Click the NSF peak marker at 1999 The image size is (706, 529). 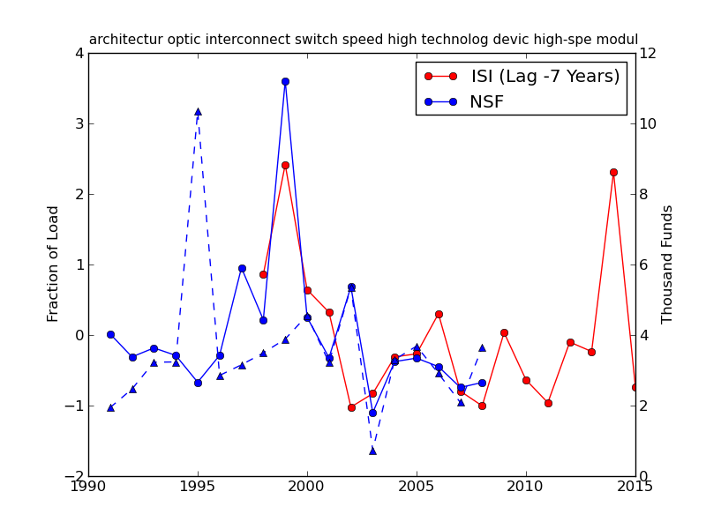coord(285,81)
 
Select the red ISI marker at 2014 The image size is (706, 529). coord(613,172)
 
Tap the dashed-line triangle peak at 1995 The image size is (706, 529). coord(198,112)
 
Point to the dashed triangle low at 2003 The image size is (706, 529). coord(372,451)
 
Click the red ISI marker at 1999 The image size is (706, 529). coord(285,165)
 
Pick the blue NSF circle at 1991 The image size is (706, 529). coord(110,334)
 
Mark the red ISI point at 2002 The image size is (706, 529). coord(351,407)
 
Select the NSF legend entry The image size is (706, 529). coord(486,102)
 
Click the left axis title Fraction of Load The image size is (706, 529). coord(54,264)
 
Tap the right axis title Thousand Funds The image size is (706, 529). coord(667,264)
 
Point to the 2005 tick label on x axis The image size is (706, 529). coord(417,487)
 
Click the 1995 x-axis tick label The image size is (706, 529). coord(198,487)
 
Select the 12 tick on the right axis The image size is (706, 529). coord(648,53)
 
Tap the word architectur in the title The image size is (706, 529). coord(124,40)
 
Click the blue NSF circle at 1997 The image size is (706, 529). coord(242,268)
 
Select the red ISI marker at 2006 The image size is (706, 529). coord(439,314)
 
